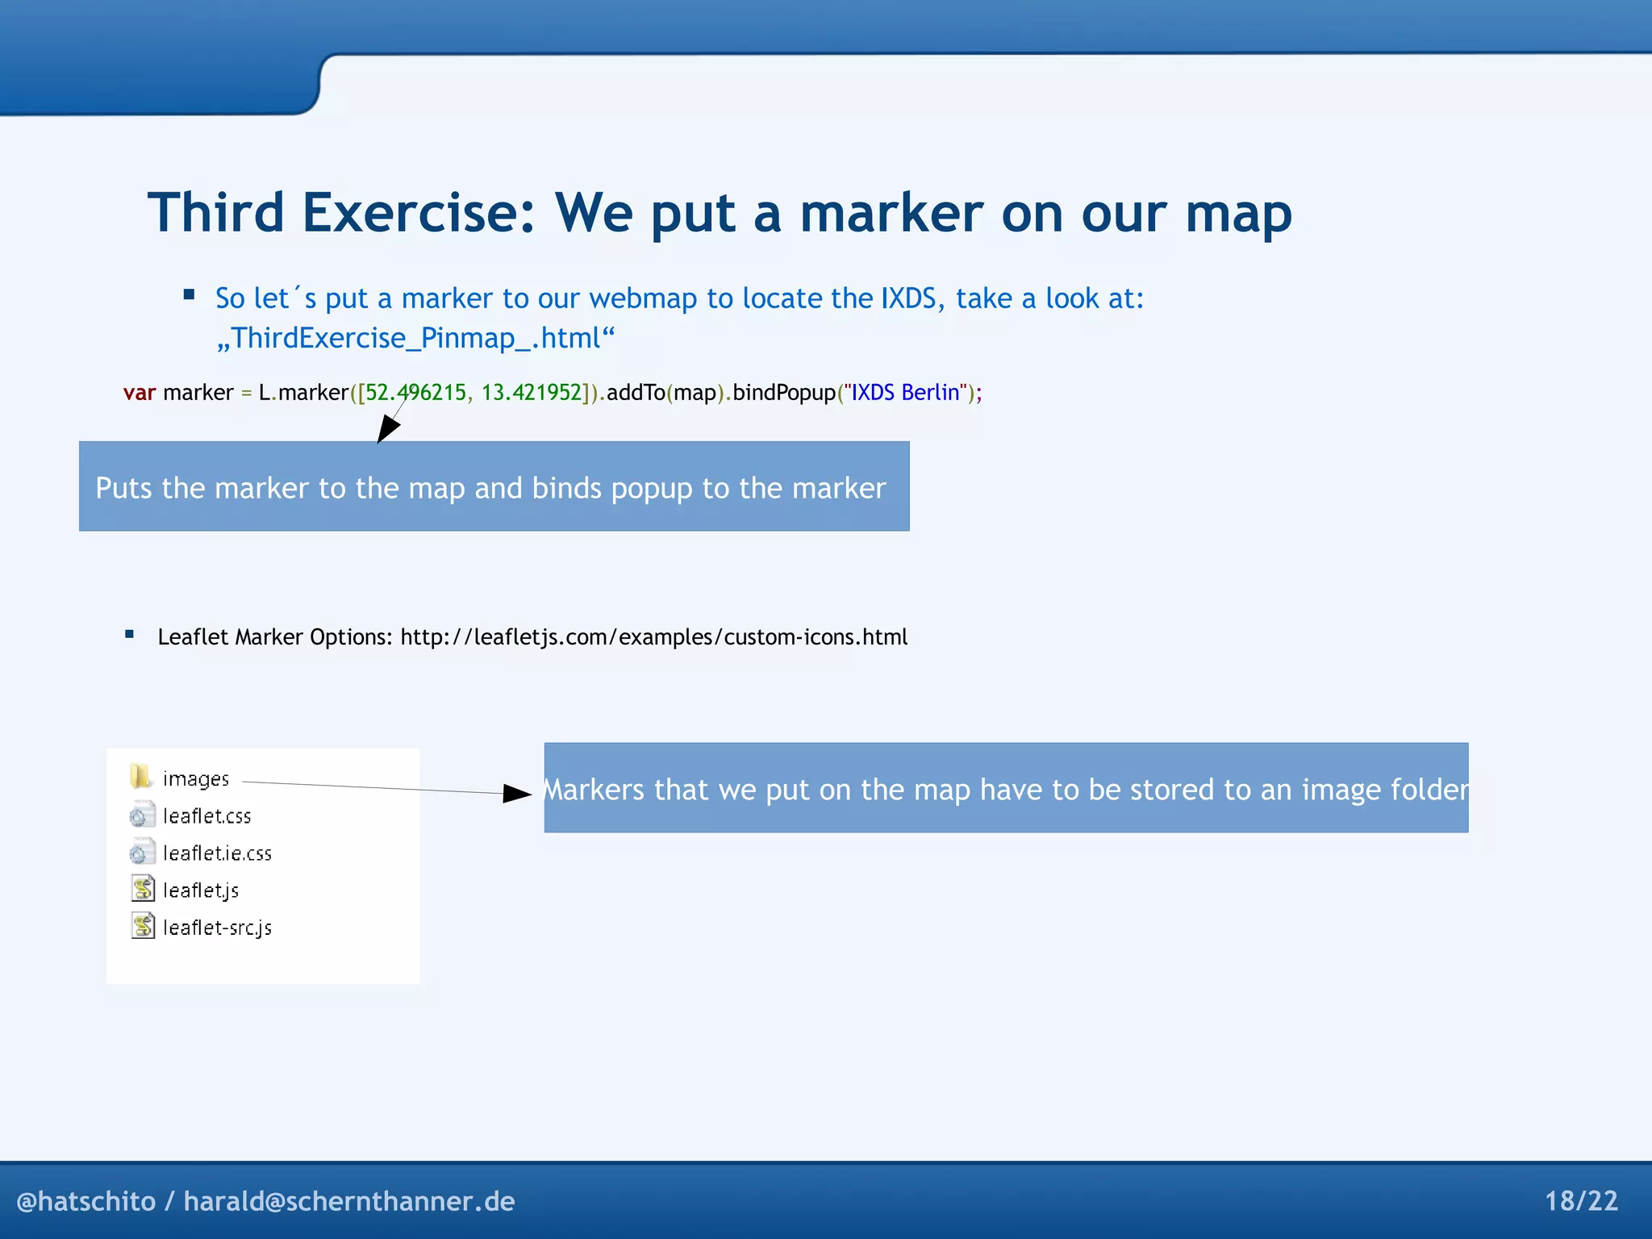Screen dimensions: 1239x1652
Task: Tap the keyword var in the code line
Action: pyautogui.click(x=139, y=393)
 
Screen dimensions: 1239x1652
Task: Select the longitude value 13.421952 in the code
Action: pyautogui.click(x=532, y=393)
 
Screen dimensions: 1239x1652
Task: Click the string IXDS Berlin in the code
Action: pyautogui.click(x=905, y=393)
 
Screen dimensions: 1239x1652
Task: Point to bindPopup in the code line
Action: pyautogui.click(x=783, y=393)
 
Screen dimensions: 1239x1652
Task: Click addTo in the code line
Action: pyautogui.click(x=636, y=393)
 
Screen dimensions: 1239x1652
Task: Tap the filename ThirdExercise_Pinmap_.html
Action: pyautogui.click(x=415, y=338)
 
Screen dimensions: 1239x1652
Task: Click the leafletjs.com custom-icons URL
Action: pyautogui.click(x=653, y=637)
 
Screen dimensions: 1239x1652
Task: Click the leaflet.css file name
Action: pyautogui.click(x=206, y=816)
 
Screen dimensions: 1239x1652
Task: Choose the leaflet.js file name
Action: pyautogui.click(x=201, y=891)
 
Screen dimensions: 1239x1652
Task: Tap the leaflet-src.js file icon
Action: pyautogui.click(x=143, y=926)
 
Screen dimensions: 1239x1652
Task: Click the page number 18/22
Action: pyautogui.click(x=1580, y=1201)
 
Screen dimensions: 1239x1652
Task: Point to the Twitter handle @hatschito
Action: pyautogui.click(x=86, y=1201)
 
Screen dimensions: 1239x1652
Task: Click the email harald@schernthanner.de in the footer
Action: pyautogui.click(x=348, y=1201)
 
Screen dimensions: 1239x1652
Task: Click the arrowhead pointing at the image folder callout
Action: pyautogui.click(x=516, y=793)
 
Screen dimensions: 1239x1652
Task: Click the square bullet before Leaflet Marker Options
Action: pyautogui.click(x=129, y=634)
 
